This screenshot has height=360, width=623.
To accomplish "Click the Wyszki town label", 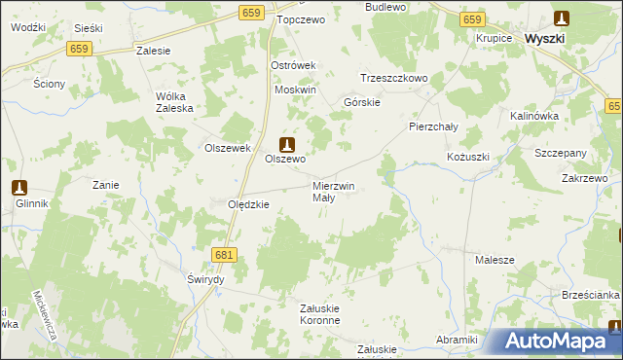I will [552, 38].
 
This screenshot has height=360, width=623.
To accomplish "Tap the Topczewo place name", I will [299, 18].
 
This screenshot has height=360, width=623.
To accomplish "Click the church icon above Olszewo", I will [286, 142].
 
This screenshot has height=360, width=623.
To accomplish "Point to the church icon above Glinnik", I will [18, 188].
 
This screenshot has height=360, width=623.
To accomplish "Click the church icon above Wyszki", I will [562, 18].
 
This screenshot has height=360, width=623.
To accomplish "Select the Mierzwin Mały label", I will [334, 191].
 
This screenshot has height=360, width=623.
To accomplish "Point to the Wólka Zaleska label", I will [175, 102].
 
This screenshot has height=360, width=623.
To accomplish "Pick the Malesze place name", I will [495, 260].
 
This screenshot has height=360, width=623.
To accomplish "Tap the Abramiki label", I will [458, 339].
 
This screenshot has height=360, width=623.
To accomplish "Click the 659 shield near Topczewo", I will [251, 12].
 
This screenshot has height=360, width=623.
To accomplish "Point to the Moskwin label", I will [296, 90].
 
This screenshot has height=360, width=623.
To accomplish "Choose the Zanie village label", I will [105, 184].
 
